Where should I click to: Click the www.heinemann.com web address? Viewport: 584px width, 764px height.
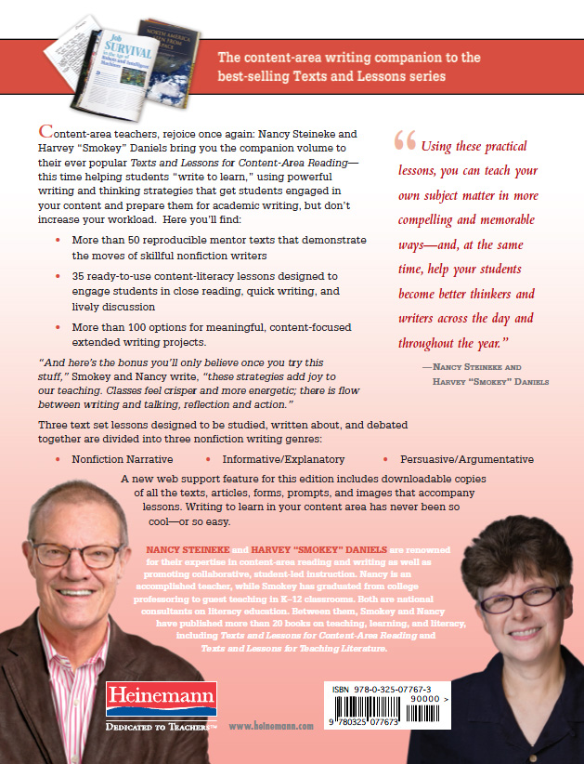pos(271,727)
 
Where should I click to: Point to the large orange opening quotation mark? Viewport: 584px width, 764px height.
pos(405,140)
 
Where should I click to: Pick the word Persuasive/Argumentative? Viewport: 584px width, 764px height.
pos(466,459)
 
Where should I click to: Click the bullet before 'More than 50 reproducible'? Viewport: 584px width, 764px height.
pos(58,241)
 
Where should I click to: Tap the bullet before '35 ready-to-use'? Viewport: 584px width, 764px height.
pos(58,277)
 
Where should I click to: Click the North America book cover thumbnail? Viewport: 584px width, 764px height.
pos(156,42)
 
